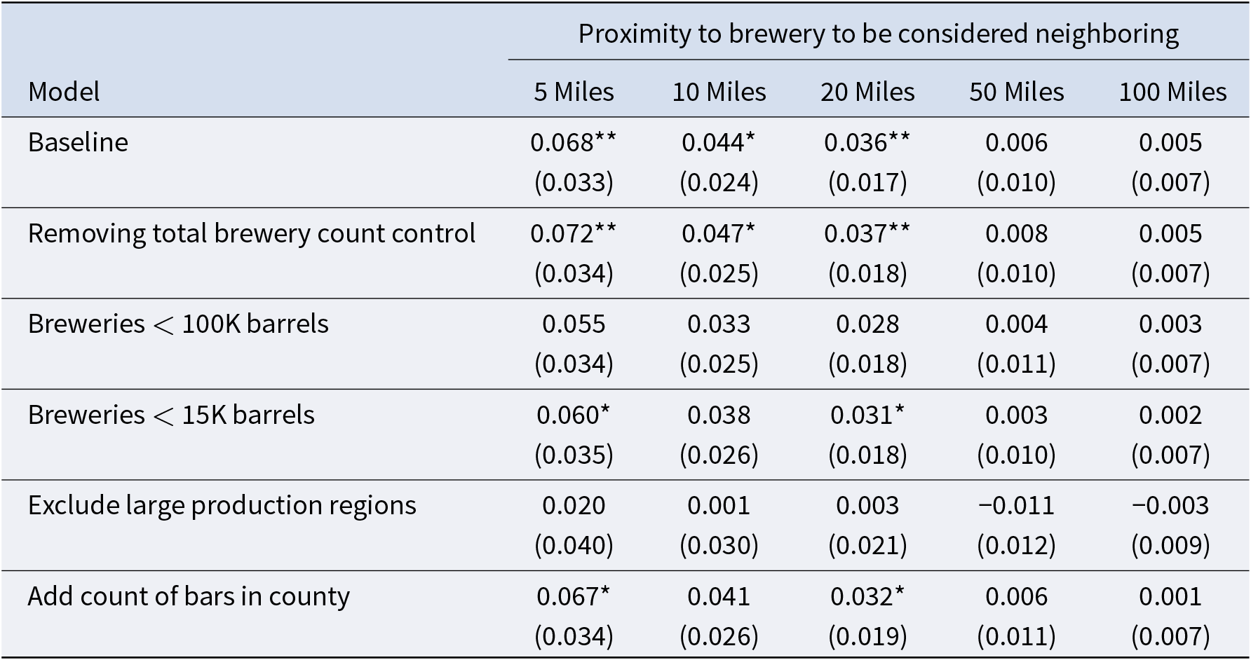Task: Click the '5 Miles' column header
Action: click(x=574, y=92)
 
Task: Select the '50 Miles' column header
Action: click(x=1016, y=92)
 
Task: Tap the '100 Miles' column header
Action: click(x=1172, y=92)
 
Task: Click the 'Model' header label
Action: click(x=64, y=92)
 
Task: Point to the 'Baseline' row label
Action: click(x=78, y=142)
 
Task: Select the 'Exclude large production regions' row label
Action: click(x=222, y=505)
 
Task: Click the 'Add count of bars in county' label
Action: click(x=189, y=596)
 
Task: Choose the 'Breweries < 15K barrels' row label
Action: click(x=171, y=415)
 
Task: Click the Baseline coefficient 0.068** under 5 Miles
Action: click(x=574, y=142)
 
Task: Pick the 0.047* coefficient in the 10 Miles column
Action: click(x=719, y=233)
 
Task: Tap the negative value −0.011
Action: click(x=1016, y=505)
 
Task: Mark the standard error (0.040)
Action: click(x=574, y=545)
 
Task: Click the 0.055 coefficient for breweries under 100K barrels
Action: click(x=574, y=324)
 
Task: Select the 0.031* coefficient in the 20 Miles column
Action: click(x=867, y=415)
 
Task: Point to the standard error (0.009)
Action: click(x=1170, y=545)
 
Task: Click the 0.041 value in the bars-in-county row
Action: click(x=719, y=596)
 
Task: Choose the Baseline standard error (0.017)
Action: click(x=867, y=182)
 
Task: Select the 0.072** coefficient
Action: click(x=574, y=233)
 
